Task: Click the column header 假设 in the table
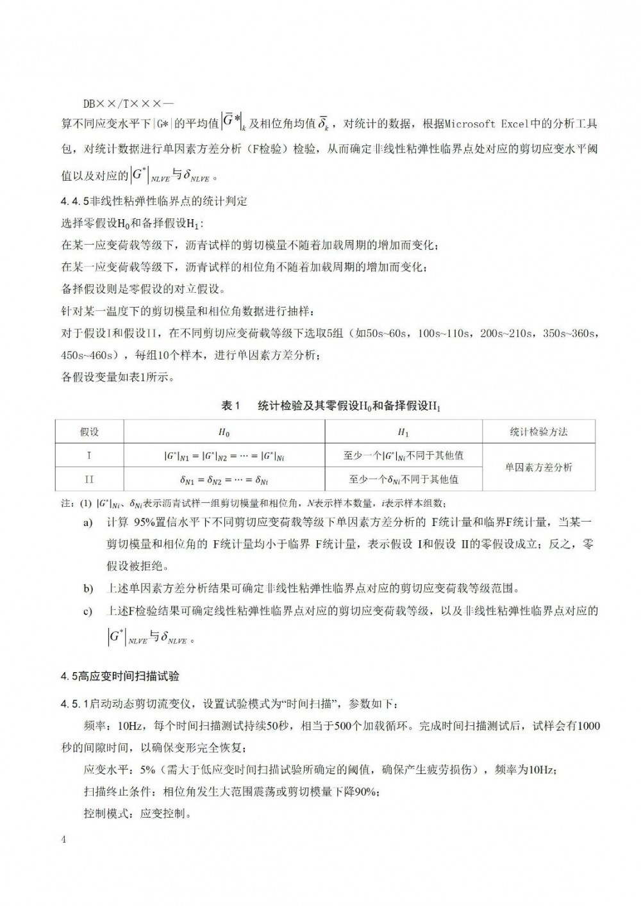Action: click(89, 432)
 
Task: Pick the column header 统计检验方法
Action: click(538, 432)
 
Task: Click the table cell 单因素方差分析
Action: click(538, 467)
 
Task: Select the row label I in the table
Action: click(89, 456)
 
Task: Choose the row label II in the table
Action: click(89, 479)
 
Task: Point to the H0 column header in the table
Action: click(224, 432)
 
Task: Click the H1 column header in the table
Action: click(403, 432)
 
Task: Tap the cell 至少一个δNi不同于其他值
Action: click(403, 479)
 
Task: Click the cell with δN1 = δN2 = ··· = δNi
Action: click(224, 479)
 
